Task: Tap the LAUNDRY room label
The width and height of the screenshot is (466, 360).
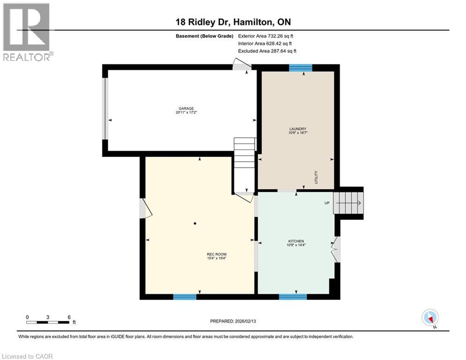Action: (x=297, y=129)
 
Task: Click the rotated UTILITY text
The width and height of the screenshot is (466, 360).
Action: (x=317, y=177)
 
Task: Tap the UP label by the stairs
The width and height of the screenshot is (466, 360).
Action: (x=328, y=203)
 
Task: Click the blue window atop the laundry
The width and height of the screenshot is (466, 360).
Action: (x=300, y=68)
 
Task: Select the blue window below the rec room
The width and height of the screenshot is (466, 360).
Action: (x=185, y=296)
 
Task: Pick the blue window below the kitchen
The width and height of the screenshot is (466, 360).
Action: (x=293, y=296)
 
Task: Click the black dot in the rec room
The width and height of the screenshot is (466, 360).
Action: (x=195, y=223)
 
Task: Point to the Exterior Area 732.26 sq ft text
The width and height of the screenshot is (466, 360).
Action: (x=266, y=36)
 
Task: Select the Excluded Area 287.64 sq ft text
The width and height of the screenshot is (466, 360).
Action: (x=267, y=51)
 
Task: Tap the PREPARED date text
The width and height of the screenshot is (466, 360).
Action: (x=234, y=321)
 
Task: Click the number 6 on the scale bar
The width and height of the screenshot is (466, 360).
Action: (x=69, y=317)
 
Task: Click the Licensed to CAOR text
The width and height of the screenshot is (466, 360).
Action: (x=28, y=356)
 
